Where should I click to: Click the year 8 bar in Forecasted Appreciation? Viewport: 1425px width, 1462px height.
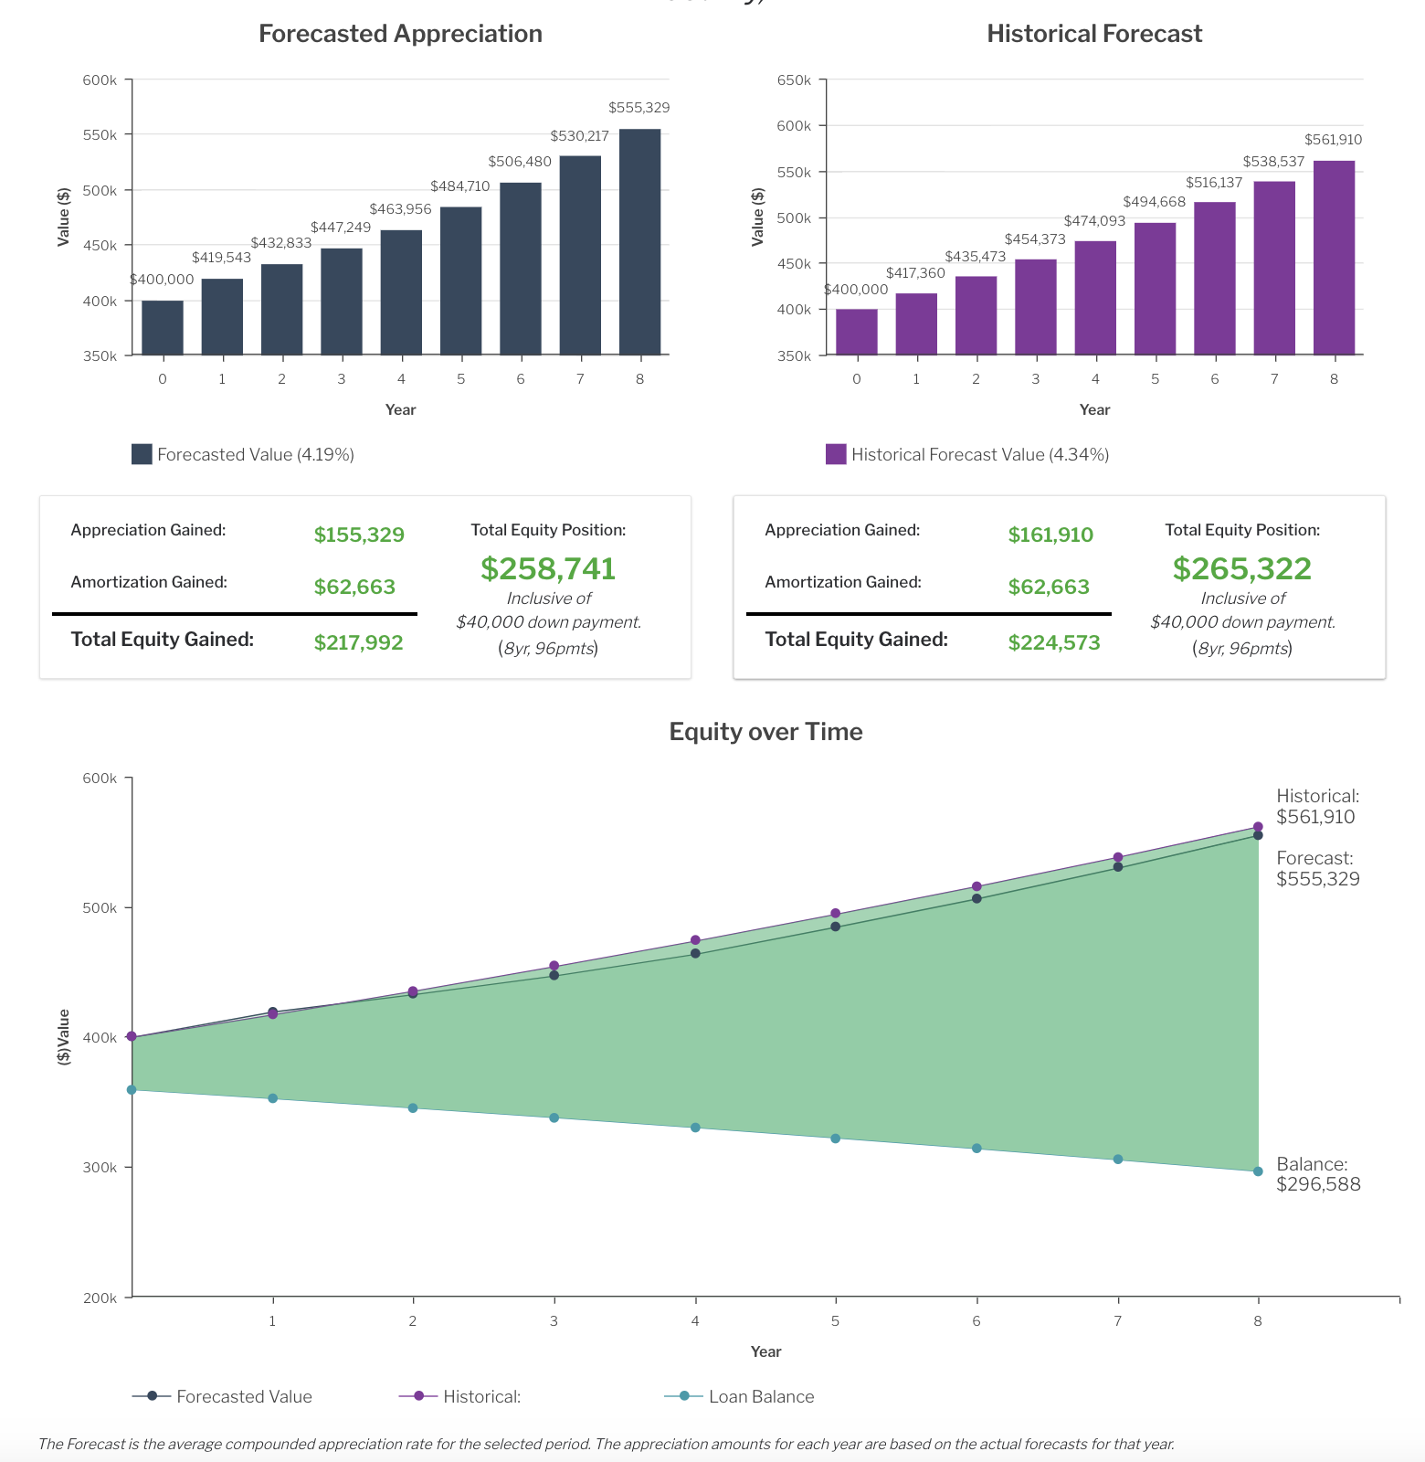(x=639, y=242)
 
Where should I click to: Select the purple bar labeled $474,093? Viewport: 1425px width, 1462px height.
(x=1095, y=298)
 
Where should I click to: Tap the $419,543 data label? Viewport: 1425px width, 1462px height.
(x=221, y=258)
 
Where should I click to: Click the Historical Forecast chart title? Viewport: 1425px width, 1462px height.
(x=1094, y=34)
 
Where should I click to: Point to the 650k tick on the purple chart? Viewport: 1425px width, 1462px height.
(x=794, y=80)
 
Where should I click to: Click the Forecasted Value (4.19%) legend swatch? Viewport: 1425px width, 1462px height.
(x=142, y=454)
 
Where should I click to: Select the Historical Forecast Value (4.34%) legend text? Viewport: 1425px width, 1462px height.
(x=980, y=454)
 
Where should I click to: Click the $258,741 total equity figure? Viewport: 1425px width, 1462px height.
(x=548, y=568)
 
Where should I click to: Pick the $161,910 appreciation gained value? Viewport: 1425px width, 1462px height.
(x=1050, y=535)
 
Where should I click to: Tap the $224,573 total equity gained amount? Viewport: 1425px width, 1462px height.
(x=1054, y=642)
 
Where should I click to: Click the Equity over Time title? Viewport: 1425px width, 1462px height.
(x=765, y=732)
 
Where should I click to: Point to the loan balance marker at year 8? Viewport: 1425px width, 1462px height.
(x=1258, y=1171)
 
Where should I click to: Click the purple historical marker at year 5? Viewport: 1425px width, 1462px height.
(x=835, y=914)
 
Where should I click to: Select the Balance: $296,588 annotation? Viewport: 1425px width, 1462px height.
(x=1318, y=1174)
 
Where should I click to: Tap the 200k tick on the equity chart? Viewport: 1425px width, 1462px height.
(x=100, y=1298)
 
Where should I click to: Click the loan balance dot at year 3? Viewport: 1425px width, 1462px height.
(x=554, y=1118)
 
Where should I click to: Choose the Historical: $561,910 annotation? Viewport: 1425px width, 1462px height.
(x=1317, y=807)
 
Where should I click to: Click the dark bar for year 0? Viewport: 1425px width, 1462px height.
(x=163, y=327)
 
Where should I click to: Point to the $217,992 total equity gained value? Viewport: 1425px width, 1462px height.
(x=358, y=642)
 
